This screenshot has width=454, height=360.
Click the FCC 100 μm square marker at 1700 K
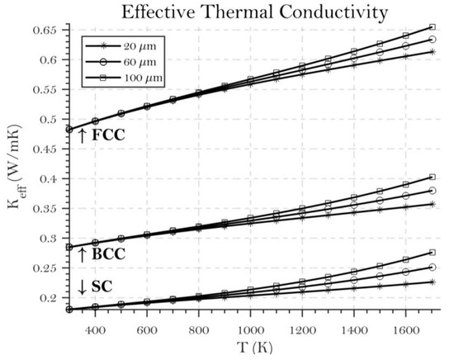pos(432,27)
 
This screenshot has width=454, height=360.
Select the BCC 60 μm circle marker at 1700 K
pos(432,191)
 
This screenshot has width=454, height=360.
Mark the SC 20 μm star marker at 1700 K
pos(432,282)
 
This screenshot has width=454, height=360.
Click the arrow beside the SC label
pos(81,287)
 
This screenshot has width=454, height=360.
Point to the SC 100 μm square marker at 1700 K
pos(432,253)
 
